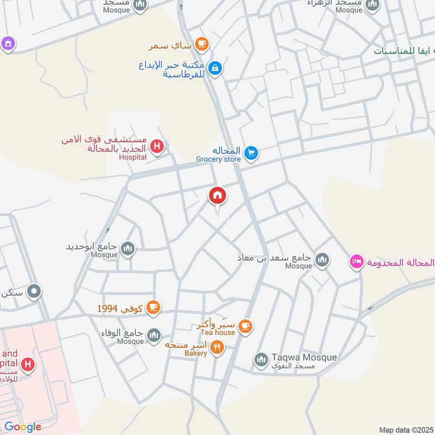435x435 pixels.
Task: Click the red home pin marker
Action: tap(217, 196)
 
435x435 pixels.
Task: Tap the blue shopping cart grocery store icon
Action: tap(251, 153)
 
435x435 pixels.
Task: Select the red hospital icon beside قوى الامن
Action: tap(157, 146)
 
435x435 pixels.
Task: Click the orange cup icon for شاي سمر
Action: tap(202, 44)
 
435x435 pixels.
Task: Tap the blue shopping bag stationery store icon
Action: tap(215, 67)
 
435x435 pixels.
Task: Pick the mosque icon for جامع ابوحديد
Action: tap(128, 249)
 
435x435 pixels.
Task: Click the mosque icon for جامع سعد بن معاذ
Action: tap(322, 260)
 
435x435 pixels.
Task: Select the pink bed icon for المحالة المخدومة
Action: tap(357, 262)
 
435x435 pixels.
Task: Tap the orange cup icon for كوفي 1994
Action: tap(153, 308)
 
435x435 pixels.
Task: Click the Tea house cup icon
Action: tap(246, 326)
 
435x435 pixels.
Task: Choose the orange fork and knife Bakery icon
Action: tap(217, 347)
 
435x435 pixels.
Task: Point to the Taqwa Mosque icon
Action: tap(262, 359)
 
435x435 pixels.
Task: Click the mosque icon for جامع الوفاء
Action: tap(154, 334)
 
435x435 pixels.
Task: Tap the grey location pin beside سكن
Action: tap(34, 292)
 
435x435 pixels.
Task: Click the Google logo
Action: tap(23, 427)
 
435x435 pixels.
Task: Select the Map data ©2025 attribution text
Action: tap(406, 430)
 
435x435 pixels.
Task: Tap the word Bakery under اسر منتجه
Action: tap(196, 353)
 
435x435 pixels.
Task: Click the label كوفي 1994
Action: tap(120, 308)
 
